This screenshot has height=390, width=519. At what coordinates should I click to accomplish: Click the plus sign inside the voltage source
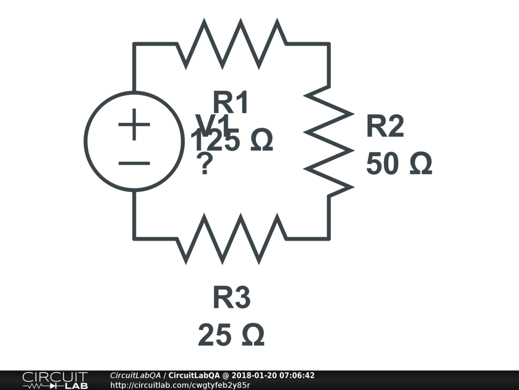[x=134, y=124]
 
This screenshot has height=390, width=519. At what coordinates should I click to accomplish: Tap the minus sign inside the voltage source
[x=134, y=163]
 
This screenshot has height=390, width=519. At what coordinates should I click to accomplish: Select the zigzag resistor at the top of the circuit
[x=232, y=44]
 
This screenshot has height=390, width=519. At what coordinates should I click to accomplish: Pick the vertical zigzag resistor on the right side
[x=329, y=141]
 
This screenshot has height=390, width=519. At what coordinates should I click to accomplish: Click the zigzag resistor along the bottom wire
[x=232, y=239]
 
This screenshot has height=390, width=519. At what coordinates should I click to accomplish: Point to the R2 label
[x=385, y=126]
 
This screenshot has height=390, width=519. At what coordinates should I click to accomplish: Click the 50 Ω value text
[x=399, y=164]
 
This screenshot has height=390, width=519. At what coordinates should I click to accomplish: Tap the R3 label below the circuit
[x=231, y=298]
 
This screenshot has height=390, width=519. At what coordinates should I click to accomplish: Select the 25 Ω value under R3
[x=231, y=335]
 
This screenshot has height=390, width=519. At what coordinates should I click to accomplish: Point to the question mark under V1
[x=204, y=165]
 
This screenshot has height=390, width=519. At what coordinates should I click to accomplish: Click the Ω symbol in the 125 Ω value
[x=262, y=141]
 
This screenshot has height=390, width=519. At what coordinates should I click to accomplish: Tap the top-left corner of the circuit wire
[x=134, y=44]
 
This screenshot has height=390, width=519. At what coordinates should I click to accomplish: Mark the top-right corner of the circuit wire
[x=329, y=44]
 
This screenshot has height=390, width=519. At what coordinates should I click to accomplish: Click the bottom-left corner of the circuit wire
[x=134, y=238]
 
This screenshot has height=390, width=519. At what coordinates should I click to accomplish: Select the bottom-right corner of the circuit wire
[x=329, y=238]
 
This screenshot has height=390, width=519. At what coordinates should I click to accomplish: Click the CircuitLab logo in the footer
[x=54, y=380]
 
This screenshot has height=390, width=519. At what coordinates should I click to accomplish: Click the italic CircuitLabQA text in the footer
[x=135, y=376]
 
